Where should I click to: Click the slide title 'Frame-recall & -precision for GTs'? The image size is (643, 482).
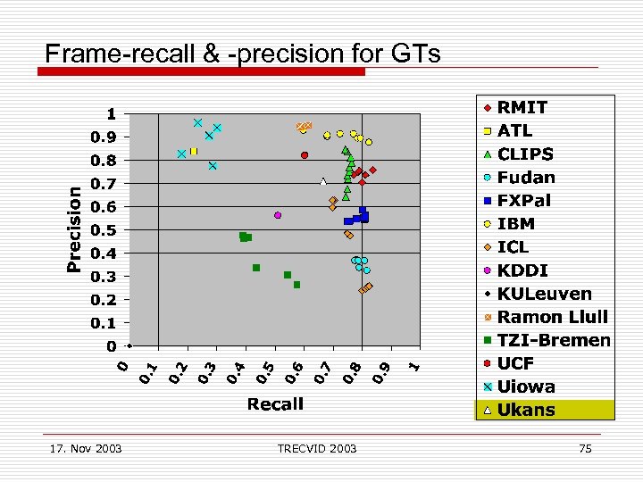tap(242, 54)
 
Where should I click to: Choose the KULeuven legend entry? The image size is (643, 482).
tap(537, 294)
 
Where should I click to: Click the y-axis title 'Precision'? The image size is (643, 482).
tap(75, 229)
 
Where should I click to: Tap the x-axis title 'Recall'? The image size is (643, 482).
tap(275, 404)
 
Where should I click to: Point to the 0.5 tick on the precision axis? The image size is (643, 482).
tap(105, 230)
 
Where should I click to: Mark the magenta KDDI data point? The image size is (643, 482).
tap(278, 215)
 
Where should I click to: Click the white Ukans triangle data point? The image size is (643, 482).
tap(323, 182)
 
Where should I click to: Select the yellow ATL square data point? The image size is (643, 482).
tap(193, 152)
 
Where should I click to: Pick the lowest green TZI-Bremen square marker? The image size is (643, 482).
tap(296, 285)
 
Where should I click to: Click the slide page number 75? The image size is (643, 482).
tap(585, 448)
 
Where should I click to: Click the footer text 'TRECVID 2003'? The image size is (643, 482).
tap(316, 448)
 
